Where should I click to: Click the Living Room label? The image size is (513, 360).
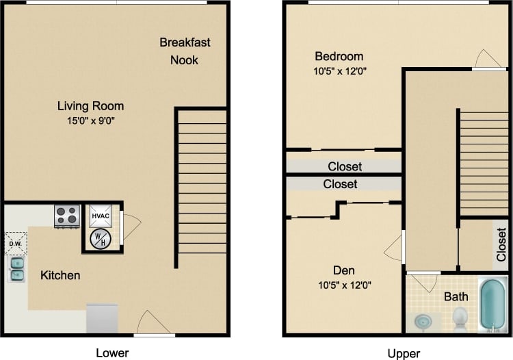tap(90, 106)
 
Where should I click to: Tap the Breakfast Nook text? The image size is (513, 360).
tap(185, 51)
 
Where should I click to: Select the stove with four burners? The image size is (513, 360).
tap(66, 216)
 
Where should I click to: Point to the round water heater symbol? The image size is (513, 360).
tap(100, 238)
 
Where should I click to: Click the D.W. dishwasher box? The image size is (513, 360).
tap(15, 243)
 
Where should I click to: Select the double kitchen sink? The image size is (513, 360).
tap(16, 269)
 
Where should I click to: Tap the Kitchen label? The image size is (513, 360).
tap(60, 276)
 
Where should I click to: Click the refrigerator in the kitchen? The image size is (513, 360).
tap(102, 318)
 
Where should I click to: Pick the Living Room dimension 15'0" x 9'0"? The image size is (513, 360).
tap(90, 122)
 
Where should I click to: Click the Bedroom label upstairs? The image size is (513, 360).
tap(339, 56)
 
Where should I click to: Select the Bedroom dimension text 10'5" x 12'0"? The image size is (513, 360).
tap(339, 70)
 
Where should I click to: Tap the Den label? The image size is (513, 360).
tap(345, 270)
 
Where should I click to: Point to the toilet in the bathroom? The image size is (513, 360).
tap(460, 317)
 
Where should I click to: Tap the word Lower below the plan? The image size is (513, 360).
tap(112, 353)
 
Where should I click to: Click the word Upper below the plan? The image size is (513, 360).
tap(404, 353)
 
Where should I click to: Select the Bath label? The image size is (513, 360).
tap(456, 296)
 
